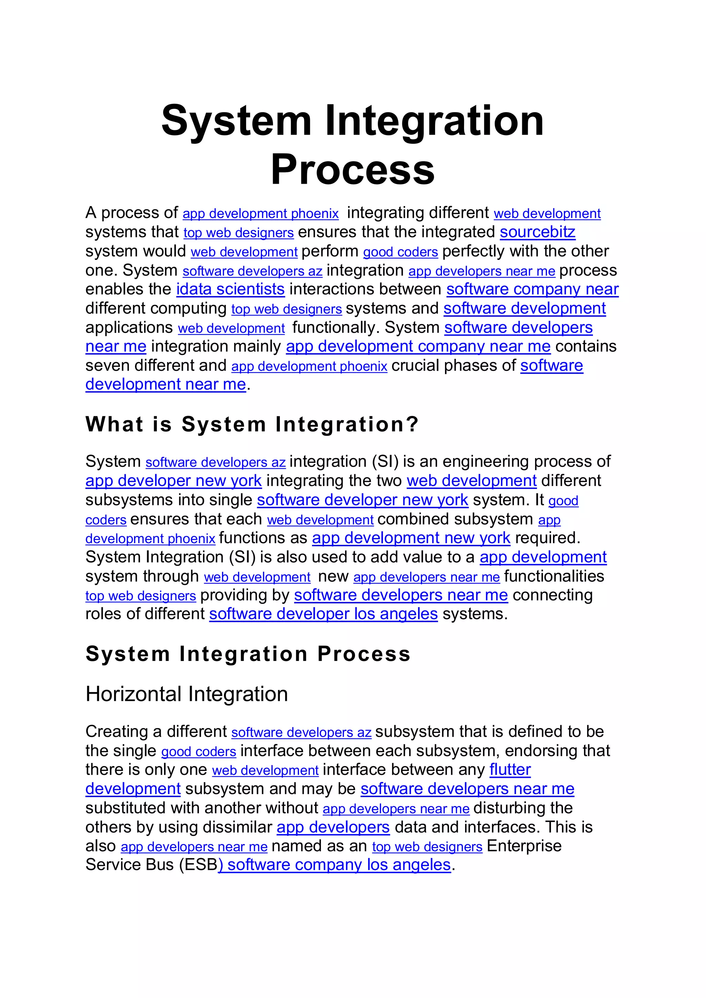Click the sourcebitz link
click(x=537, y=232)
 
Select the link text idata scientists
click(x=230, y=289)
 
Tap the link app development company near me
click(x=418, y=346)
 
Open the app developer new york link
click(x=173, y=481)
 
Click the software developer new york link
click(x=363, y=500)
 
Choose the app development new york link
click(x=411, y=538)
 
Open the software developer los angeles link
click(x=323, y=614)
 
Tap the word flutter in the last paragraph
click(x=510, y=770)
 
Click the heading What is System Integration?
click(x=252, y=424)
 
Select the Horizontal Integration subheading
click(x=187, y=694)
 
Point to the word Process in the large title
click(x=353, y=170)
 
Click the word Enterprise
click(x=524, y=846)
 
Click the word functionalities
click(x=554, y=577)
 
